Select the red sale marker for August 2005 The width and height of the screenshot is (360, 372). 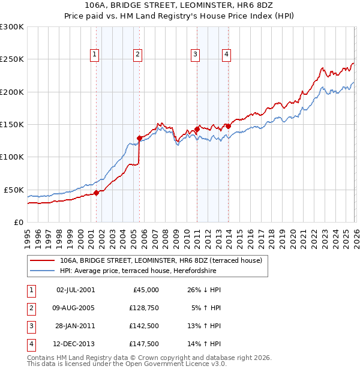click(x=139, y=138)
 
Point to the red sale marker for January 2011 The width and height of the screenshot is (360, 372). click(x=197, y=129)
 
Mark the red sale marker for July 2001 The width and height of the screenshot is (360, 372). click(x=96, y=193)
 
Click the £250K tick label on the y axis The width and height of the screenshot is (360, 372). click(x=12, y=59)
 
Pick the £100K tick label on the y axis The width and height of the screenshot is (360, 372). click(x=12, y=157)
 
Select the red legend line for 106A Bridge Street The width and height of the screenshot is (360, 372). click(x=42, y=261)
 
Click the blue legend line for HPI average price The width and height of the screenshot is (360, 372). click(x=42, y=271)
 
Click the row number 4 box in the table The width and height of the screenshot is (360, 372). click(x=31, y=344)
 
